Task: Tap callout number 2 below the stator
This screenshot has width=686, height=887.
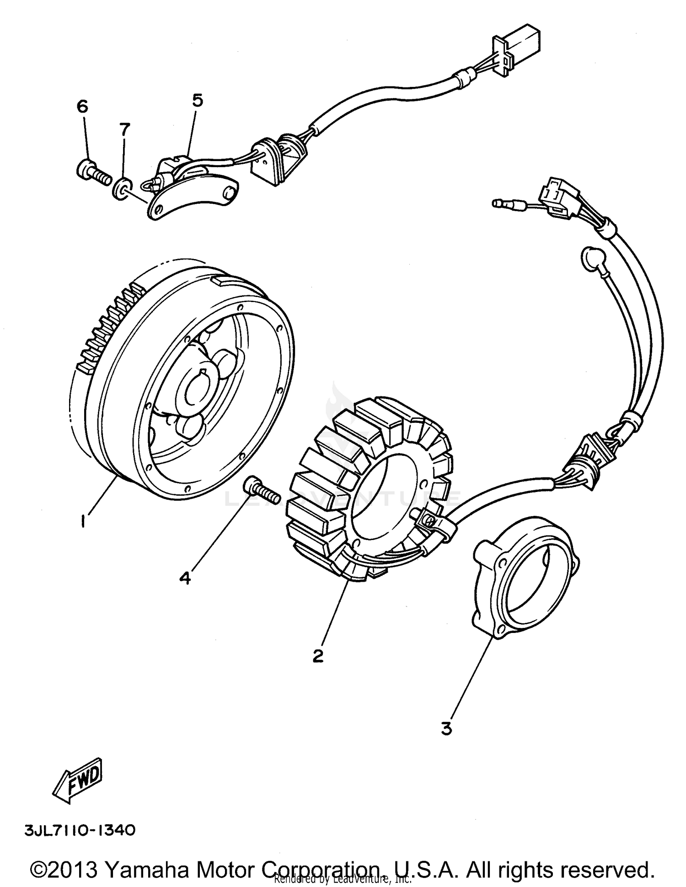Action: coord(318,656)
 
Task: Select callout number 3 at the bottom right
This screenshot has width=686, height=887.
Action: coord(447,728)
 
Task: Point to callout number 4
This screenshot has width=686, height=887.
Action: coord(185,578)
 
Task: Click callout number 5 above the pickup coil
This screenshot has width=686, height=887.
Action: coord(197,100)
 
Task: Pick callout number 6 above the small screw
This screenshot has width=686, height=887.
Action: coord(82,107)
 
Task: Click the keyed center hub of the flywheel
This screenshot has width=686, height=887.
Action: coord(197,385)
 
